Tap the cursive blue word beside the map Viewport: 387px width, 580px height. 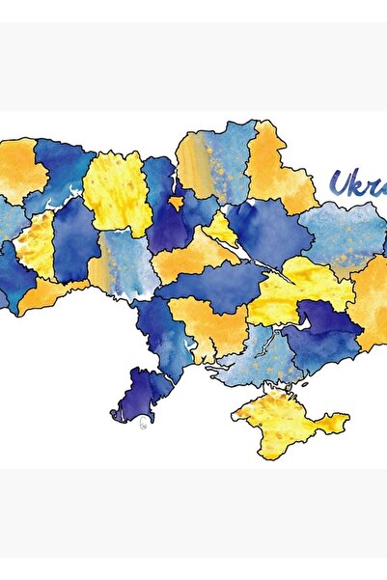pos(356,182)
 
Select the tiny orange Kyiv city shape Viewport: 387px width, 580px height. pos(176,202)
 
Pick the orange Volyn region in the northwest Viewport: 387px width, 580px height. pos(21,170)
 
